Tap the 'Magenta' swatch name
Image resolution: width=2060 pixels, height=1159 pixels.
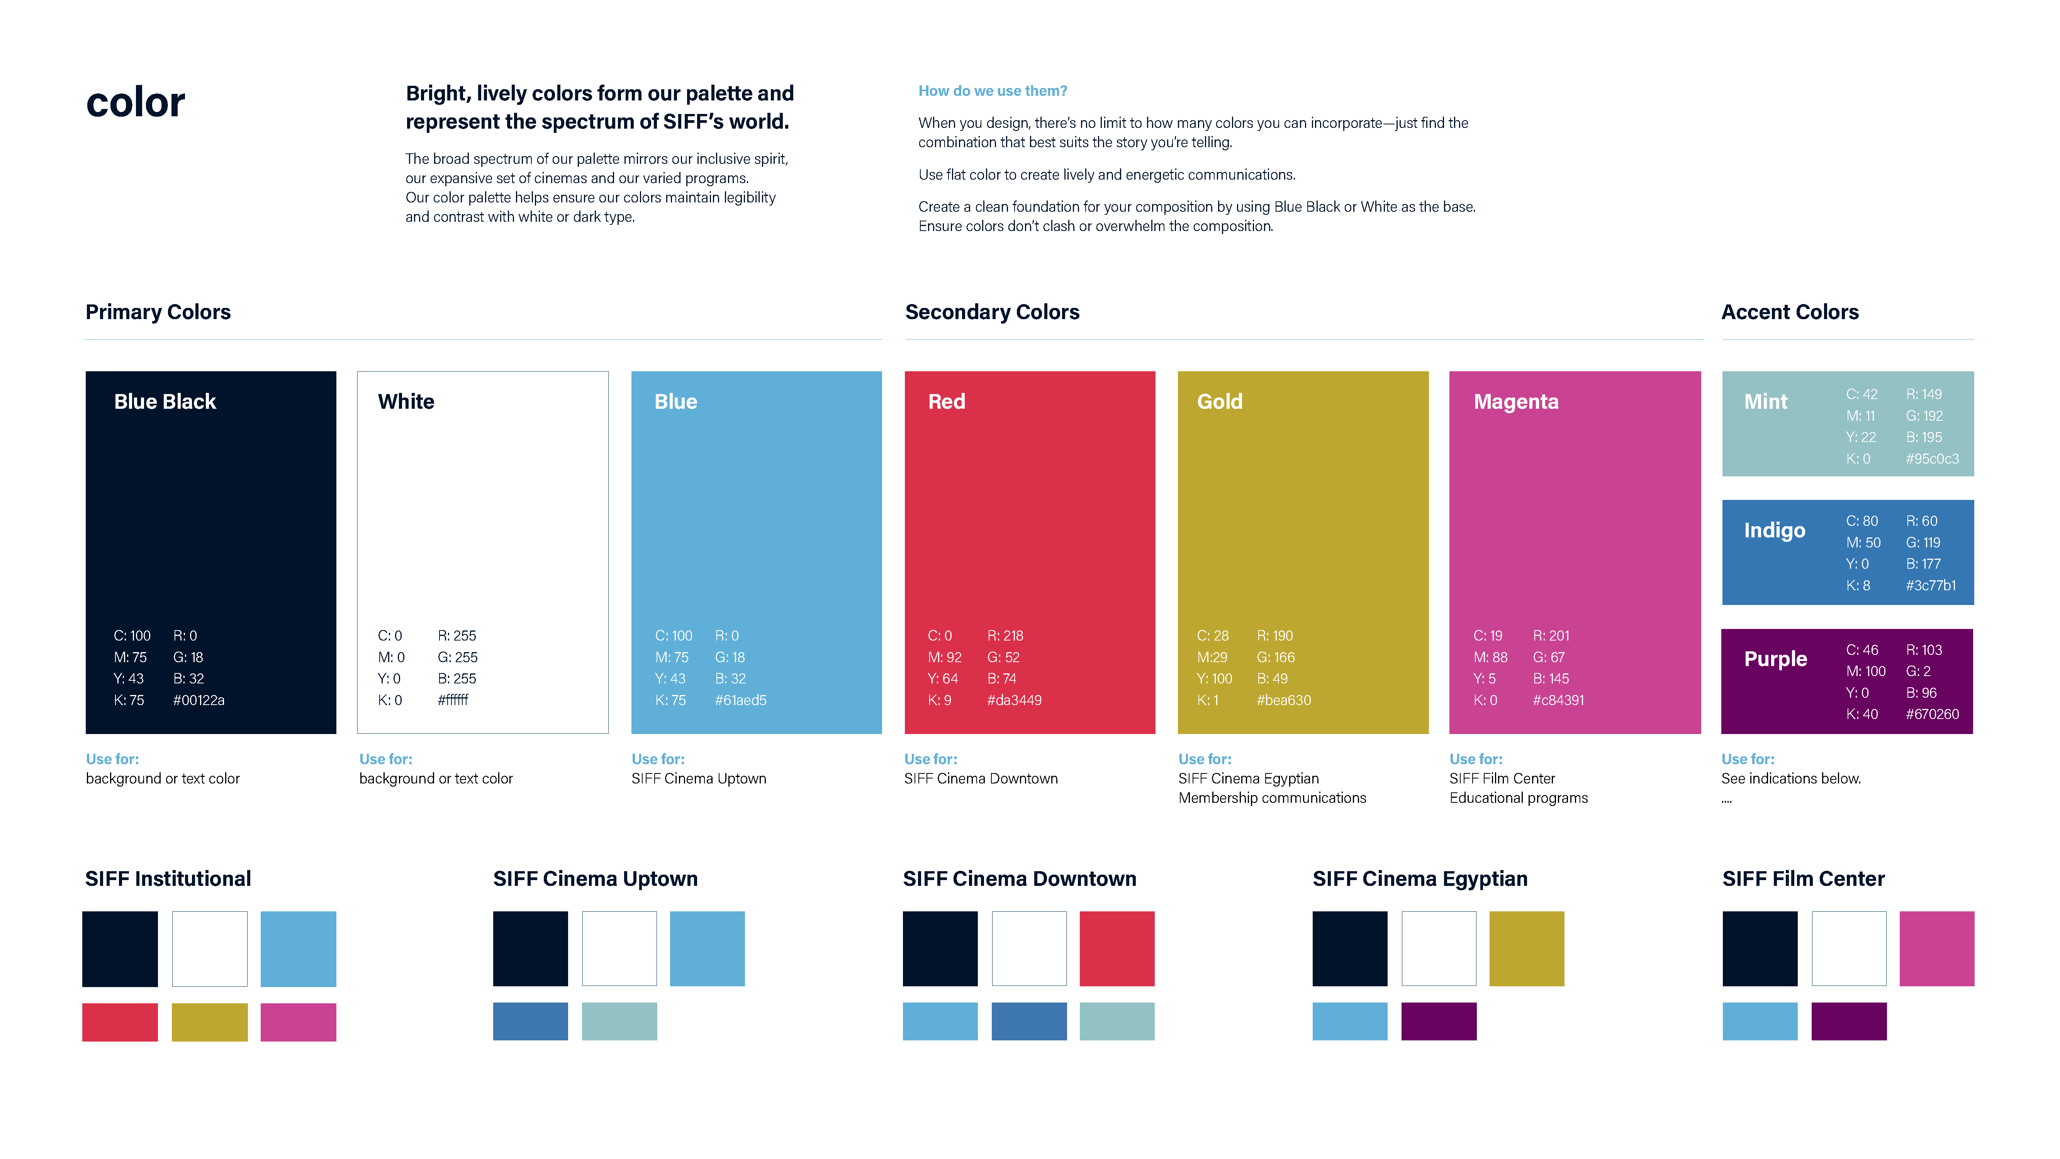(x=1515, y=401)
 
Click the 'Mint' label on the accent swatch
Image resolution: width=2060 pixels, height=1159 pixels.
(x=1765, y=401)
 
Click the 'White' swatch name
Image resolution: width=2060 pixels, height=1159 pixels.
(x=406, y=401)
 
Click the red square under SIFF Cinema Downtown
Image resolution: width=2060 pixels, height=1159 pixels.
(x=1117, y=948)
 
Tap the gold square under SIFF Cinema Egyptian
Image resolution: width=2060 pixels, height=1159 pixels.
(x=1526, y=948)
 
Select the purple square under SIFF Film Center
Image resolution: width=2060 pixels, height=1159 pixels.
(x=1848, y=1021)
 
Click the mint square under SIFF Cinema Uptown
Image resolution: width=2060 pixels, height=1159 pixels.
(x=619, y=1021)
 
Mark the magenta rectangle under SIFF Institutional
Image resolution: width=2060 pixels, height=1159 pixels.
(x=298, y=1022)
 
